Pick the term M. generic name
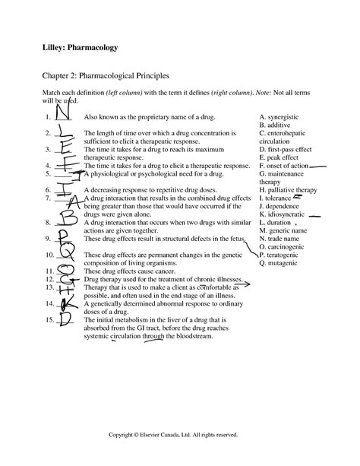285,230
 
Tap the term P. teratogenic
283,255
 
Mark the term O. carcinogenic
284,246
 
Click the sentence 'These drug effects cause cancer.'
127,271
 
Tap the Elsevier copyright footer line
180,436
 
